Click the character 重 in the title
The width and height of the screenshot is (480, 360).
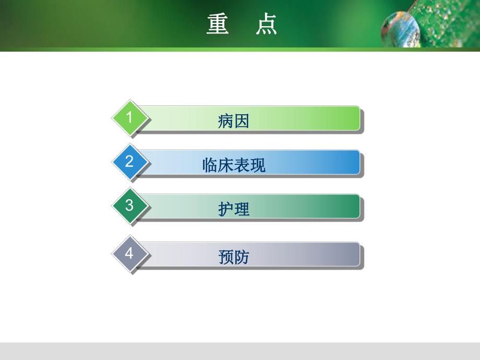click(x=218, y=24)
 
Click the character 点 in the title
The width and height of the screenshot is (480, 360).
click(x=266, y=24)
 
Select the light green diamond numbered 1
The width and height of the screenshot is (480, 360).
click(x=130, y=117)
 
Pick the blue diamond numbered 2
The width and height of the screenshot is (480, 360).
click(x=130, y=161)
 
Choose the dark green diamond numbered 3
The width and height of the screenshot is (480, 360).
click(x=130, y=206)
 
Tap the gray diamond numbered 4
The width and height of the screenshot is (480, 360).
click(x=130, y=254)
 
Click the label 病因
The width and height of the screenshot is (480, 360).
click(x=234, y=121)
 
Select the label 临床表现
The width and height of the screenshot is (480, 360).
click(x=234, y=165)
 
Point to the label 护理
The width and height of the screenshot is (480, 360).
click(x=234, y=209)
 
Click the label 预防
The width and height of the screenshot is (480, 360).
click(x=234, y=257)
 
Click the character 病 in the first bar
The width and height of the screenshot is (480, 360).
click(x=226, y=121)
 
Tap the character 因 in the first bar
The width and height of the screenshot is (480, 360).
click(x=242, y=121)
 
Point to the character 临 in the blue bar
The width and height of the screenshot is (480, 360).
click(x=210, y=165)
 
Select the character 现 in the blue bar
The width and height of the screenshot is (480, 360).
click(x=258, y=165)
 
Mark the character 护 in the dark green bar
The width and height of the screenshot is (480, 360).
click(x=226, y=209)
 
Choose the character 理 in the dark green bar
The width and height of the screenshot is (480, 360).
click(x=242, y=209)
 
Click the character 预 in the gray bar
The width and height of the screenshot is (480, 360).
click(x=226, y=257)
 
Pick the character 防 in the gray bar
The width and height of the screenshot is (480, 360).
click(x=242, y=257)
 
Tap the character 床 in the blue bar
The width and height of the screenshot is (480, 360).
click(x=226, y=165)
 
